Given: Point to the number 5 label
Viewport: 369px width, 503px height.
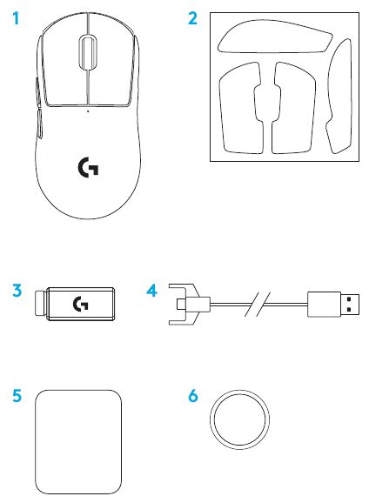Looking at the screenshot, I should pyautogui.click(x=17, y=396).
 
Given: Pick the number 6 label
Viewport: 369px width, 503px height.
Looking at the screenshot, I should pyautogui.click(x=193, y=396).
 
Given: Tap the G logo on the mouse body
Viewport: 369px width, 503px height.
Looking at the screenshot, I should pyautogui.click(x=88, y=164).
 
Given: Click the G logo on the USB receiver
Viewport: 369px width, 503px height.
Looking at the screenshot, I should pyautogui.click(x=81, y=304).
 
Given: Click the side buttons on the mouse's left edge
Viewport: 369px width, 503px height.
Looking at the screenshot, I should pyautogui.click(x=40, y=104).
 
